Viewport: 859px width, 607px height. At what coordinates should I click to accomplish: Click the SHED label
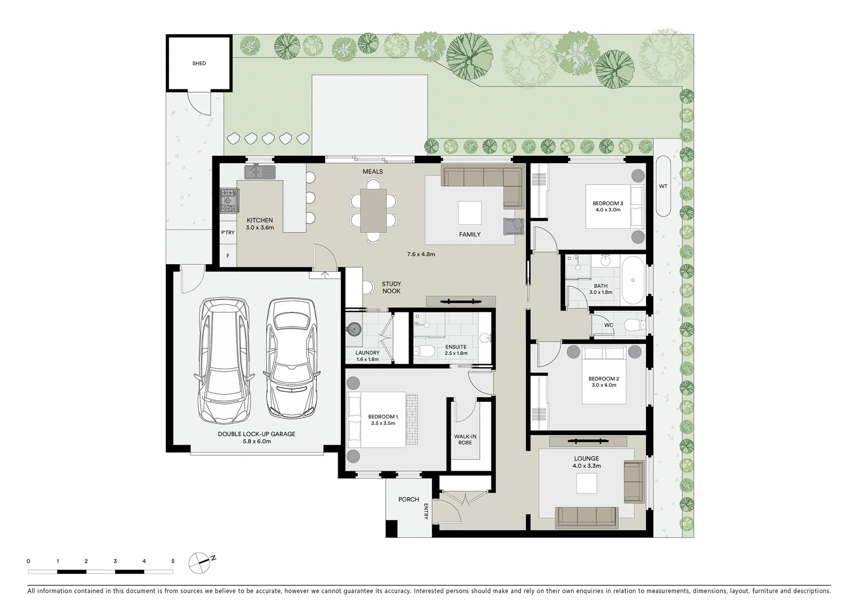pyautogui.click(x=199, y=64)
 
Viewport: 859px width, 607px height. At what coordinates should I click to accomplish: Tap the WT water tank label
pyautogui.click(x=663, y=186)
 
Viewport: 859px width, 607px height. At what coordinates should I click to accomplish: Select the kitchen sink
pyautogui.click(x=260, y=171)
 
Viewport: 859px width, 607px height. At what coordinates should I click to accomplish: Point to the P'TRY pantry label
pyautogui.click(x=228, y=233)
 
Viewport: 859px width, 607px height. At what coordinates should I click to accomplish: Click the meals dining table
pyautogui.click(x=373, y=210)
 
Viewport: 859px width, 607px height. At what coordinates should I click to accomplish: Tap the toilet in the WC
pyautogui.click(x=634, y=325)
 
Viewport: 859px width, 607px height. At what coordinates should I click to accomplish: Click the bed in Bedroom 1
pyautogui.click(x=376, y=419)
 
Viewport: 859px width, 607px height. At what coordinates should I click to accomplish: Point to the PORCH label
pyautogui.click(x=408, y=499)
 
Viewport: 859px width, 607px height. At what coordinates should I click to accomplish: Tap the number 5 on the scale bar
pyautogui.click(x=173, y=561)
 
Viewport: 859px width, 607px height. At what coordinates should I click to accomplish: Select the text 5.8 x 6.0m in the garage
pyautogui.click(x=256, y=441)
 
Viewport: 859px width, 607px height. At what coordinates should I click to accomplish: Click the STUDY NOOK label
pyautogui.click(x=391, y=287)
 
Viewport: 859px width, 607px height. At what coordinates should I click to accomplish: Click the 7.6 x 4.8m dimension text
pyautogui.click(x=421, y=254)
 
